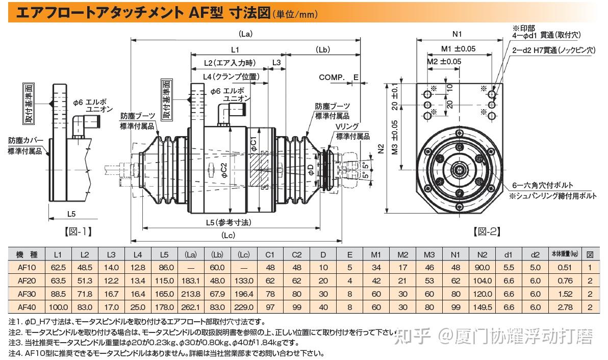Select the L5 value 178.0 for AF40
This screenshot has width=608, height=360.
click(164, 307)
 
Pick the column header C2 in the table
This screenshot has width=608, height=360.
click(296, 254)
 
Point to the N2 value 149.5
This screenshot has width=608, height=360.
click(482, 307)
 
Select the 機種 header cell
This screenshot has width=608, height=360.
click(26, 254)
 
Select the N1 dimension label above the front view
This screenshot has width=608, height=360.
click(457, 34)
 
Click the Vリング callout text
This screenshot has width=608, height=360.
click(347, 126)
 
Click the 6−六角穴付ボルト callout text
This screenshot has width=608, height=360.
click(543, 185)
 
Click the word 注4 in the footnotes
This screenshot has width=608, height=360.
click(14, 352)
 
